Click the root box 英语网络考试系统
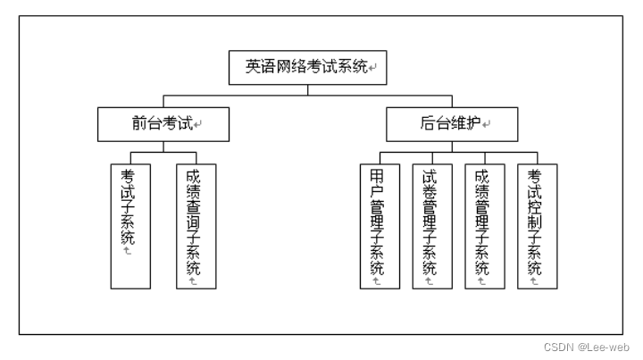pos(307,68)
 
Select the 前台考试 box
pos(163,124)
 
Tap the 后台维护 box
pos(452,124)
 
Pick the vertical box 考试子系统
pos(130,226)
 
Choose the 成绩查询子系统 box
pos(196,226)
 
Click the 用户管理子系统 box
pos(380,226)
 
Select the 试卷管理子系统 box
pos(432,226)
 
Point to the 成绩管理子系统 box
pos(485,226)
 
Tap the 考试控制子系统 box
pos(538,226)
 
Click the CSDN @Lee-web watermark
pos(587,347)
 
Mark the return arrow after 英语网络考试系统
pos(372,67)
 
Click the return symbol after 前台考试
pos(197,124)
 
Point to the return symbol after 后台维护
pos(487,124)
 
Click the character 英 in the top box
pos(253,66)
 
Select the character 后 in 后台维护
pos(428,123)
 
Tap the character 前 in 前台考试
pos(139,123)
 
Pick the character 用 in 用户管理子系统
pos(377,177)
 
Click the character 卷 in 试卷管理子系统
pos(430,191)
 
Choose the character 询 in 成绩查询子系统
pos(193,222)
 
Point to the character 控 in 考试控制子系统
pos(534,207)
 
